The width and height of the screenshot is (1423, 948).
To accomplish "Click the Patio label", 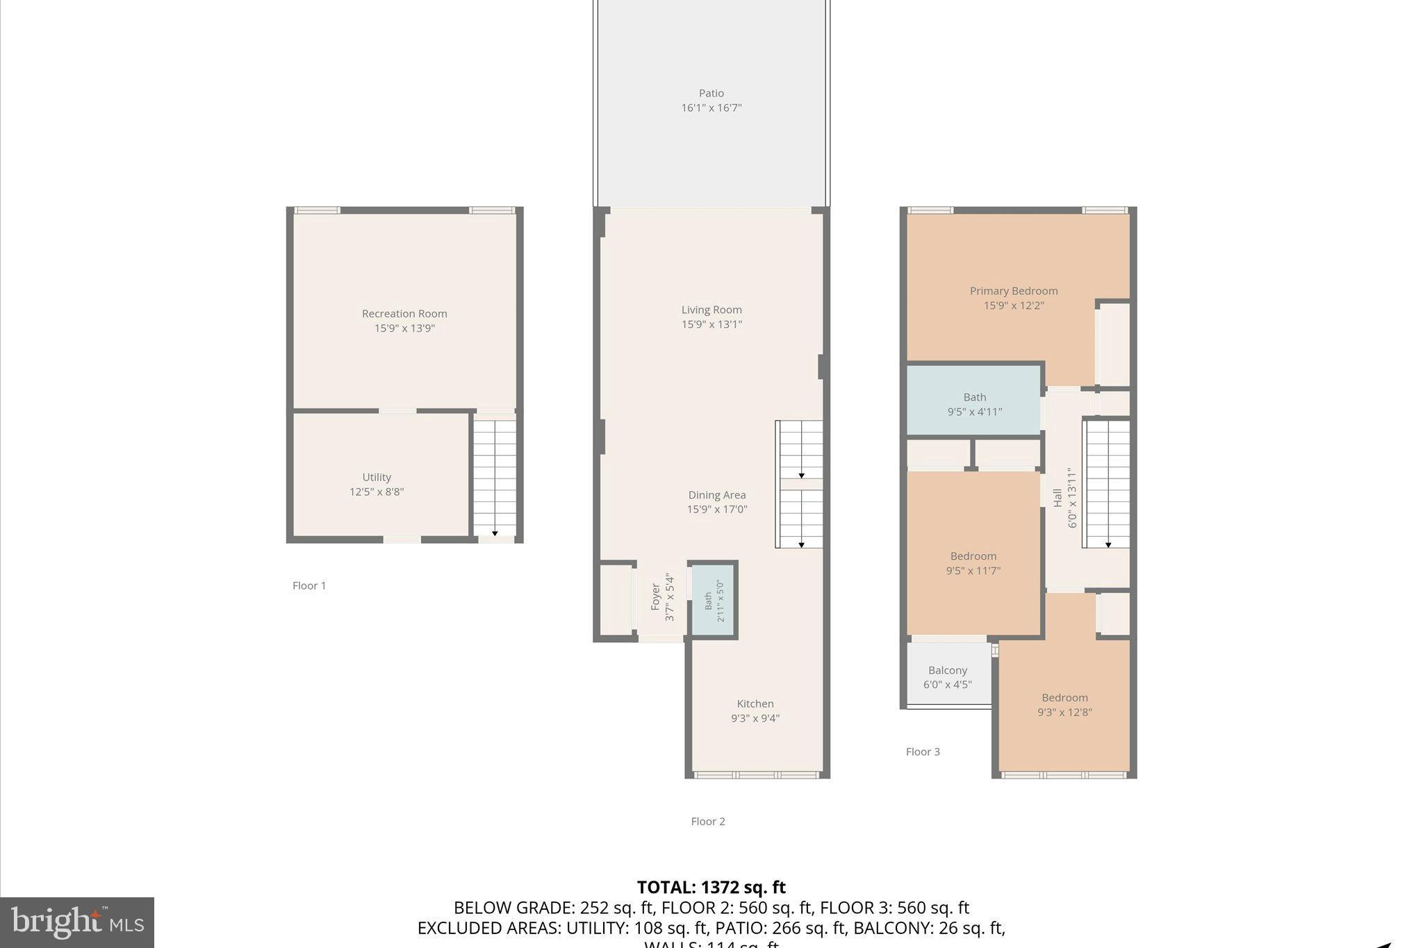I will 711,93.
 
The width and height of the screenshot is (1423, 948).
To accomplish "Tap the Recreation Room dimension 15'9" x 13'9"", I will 404,329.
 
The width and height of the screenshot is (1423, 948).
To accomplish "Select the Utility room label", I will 376,477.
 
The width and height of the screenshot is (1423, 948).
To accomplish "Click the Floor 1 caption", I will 309,585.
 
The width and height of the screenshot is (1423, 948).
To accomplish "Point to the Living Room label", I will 711,310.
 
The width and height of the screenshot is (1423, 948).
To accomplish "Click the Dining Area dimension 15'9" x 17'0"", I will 716,510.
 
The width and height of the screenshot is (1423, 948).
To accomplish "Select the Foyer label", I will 655,597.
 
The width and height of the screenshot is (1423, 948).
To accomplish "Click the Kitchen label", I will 755,704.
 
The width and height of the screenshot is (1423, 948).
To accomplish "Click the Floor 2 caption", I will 707,822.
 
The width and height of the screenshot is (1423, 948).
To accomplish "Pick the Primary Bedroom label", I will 1013,291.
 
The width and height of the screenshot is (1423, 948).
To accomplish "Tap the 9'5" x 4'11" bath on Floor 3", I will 974,404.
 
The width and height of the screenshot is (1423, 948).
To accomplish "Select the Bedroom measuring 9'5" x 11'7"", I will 973,563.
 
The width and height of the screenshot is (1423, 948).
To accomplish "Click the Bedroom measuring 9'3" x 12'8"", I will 1064,704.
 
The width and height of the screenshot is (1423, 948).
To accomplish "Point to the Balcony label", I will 947,670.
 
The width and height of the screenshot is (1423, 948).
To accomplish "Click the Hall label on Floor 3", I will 1057,497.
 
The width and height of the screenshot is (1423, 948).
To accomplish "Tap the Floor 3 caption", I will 922,751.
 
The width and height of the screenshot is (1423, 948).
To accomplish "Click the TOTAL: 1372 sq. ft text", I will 711,888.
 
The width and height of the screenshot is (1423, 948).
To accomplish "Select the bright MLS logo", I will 77,922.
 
